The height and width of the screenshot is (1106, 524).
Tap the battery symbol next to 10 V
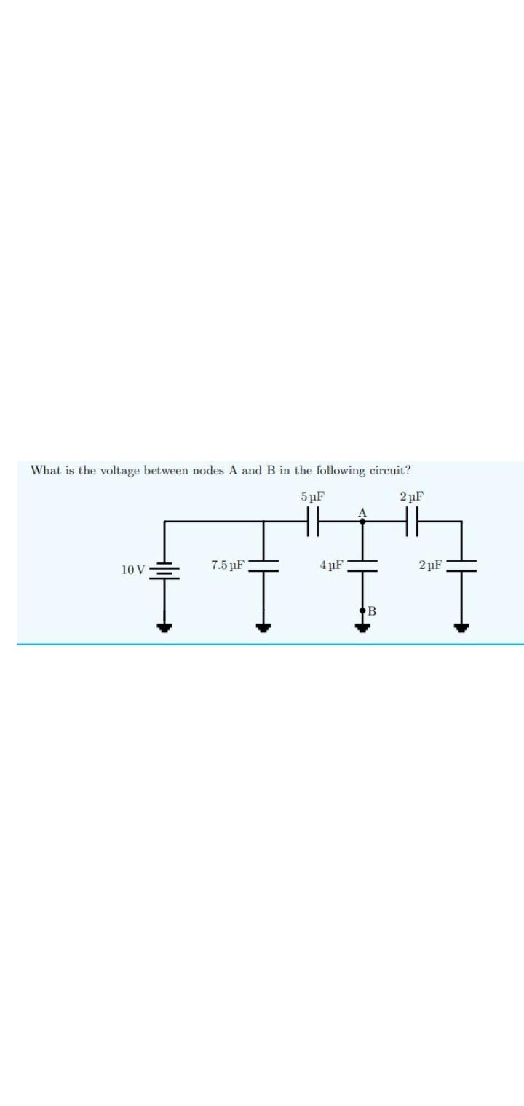tap(164, 569)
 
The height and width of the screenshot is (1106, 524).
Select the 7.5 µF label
tap(228, 565)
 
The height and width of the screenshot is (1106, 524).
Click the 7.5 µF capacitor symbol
tap(263, 565)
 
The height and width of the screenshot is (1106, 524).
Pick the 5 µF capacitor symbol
tap(314, 522)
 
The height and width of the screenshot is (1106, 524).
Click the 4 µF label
tap(332, 565)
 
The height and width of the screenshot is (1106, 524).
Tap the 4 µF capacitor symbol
tap(362, 565)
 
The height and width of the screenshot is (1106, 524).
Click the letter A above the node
tap(362, 512)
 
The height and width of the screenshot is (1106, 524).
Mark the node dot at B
tap(362, 611)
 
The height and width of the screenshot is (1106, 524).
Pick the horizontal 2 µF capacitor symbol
tap(413, 522)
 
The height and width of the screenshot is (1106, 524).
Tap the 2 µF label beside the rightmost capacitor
tap(432, 565)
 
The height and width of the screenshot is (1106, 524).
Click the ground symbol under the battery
tap(164, 626)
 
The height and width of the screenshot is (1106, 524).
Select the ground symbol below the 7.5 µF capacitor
tap(263, 626)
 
